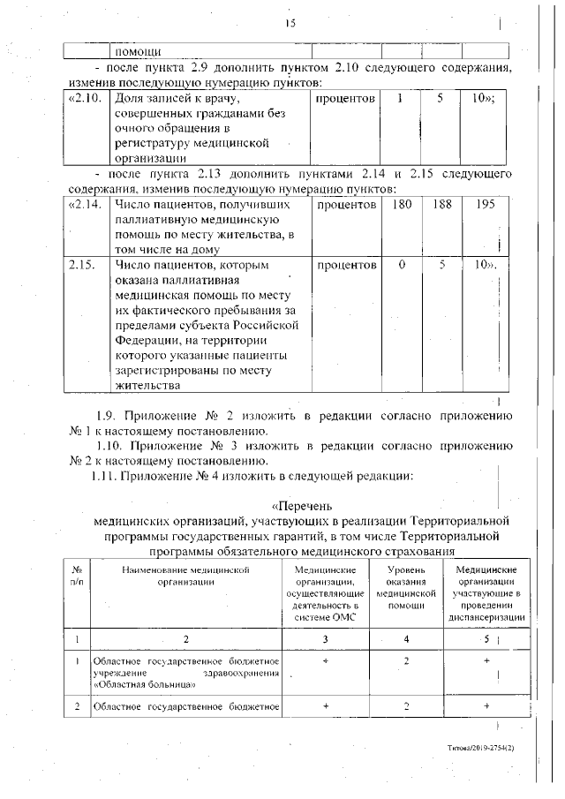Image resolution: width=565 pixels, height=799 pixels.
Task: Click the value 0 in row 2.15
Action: tap(402, 265)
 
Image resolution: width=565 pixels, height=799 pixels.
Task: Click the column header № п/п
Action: tap(77, 577)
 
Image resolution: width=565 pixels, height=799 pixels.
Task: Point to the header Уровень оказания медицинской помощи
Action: tap(407, 589)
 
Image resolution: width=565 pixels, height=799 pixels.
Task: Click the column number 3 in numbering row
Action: tap(325, 638)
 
